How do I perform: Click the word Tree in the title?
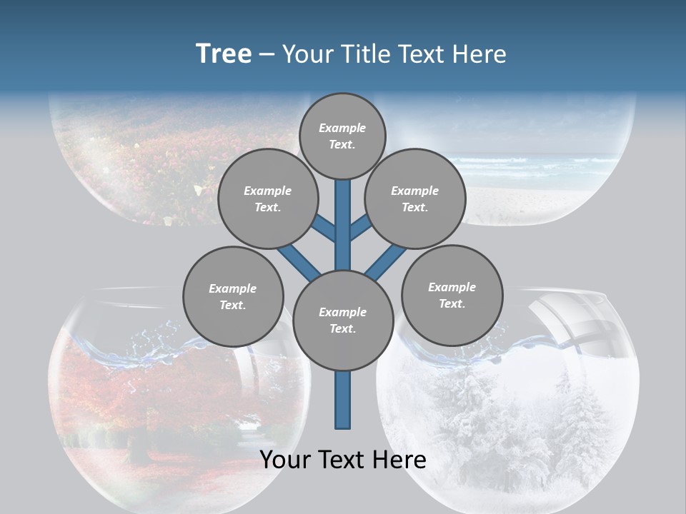click(x=224, y=54)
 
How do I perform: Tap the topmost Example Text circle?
click(x=342, y=136)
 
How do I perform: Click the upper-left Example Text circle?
click(x=267, y=198)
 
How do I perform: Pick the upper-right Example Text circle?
click(x=414, y=198)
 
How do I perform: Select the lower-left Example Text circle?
click(x=232, y=296)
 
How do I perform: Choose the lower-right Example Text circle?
click(x=452, y=294)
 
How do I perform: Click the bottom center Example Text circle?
click(x=342, y=320)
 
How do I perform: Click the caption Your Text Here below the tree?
click(x=342, y=460)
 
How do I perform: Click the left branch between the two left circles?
click(x=297, y=260)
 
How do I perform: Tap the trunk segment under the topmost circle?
click(x=343, y=221)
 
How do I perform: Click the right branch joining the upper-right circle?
click(x=360, y=227)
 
